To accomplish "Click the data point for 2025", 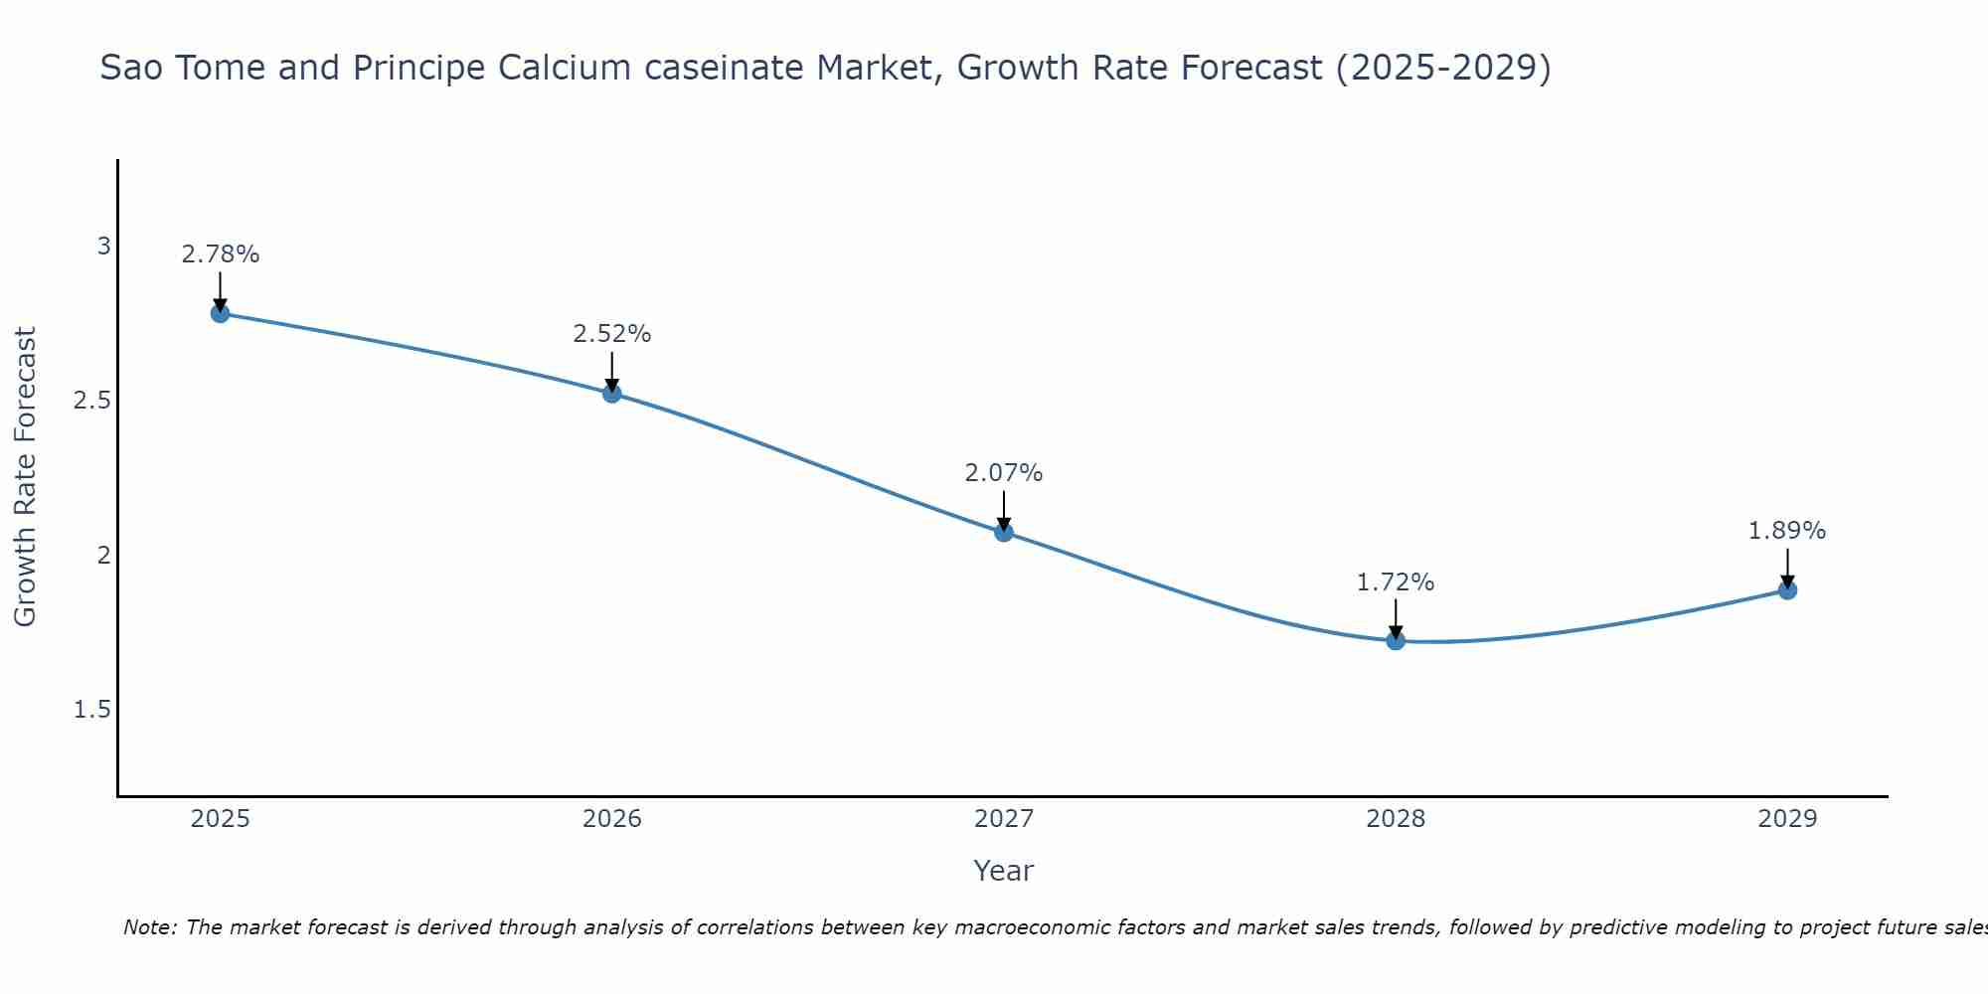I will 220,313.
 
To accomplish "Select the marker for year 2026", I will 611,393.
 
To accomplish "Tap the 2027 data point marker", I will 1003,532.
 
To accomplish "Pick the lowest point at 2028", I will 1395,640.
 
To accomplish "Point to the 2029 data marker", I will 1786,589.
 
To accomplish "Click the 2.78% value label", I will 220,254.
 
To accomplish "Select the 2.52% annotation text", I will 611,334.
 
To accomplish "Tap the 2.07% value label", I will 1003,473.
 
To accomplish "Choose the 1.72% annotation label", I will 1395,582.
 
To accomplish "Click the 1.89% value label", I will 1786,531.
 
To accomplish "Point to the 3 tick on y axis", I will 103,246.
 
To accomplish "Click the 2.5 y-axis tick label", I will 92,401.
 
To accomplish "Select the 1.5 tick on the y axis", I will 92,710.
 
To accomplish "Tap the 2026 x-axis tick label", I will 611,819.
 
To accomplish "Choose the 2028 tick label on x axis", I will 1395,819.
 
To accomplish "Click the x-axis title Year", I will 1003,871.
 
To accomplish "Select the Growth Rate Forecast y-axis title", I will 25,476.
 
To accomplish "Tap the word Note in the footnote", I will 149,927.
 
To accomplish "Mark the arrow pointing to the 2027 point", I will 1003,509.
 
